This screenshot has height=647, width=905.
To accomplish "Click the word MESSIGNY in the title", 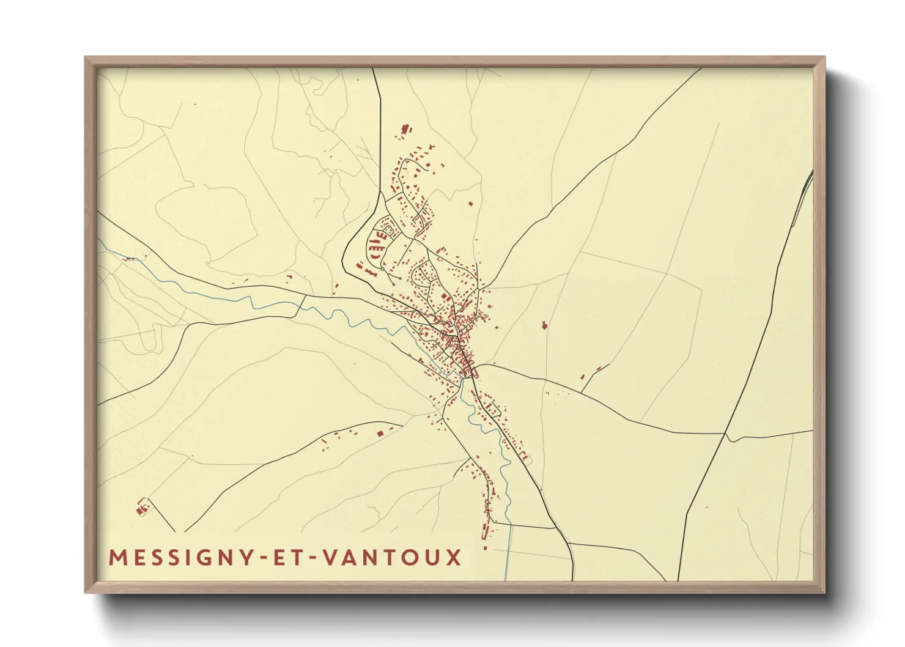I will coord(177,558).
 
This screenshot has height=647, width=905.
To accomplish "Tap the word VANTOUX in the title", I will coord(392,558).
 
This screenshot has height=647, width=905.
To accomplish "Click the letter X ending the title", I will coord(454,558).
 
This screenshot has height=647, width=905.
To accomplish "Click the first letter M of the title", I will coord(117,558).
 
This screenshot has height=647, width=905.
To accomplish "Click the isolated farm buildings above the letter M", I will coord(142,507).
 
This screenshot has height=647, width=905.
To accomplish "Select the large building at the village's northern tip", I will coord(404,130).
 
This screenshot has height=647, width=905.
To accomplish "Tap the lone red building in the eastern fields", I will coord(544,325).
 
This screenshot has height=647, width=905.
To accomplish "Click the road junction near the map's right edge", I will coord(725,434).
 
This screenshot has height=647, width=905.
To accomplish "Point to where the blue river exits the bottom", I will coord(506,579).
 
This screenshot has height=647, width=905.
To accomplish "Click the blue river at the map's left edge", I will coord(101,243).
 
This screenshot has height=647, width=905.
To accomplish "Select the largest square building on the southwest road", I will coord(380,433).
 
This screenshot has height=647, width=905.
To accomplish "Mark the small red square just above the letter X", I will coord(486,549).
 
